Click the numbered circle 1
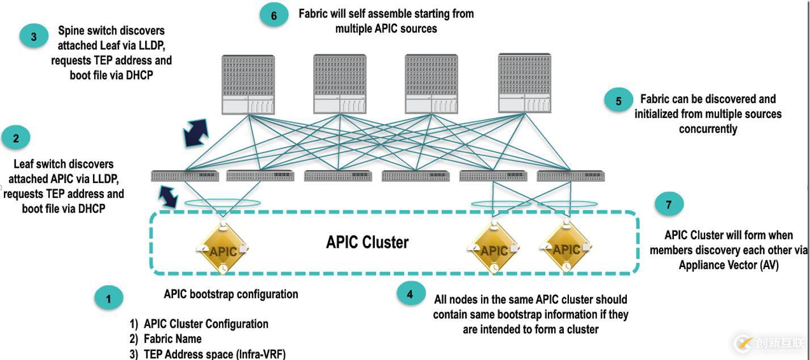(x=109, y=298)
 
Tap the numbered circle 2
(x=16, y=138)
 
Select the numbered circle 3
(x=33, y=37)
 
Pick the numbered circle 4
(x=411, y=293)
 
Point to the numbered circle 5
(x=618, y=101)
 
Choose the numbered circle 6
(x=274, y=15)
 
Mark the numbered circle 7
(x=669, y=204)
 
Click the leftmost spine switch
(x=248, y=84)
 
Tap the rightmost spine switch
(x=524, y=83)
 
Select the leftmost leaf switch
(x=185, y=176)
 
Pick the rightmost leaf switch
(x=571, y=176)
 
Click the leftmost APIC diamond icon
(x=223, y=249)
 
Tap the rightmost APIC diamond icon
(x=566, y=248)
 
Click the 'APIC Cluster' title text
(x=367, y=242)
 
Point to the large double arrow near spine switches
(x=196, y=133)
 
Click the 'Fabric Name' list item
(x=172, y=339)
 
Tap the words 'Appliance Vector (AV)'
(x=728, y=265)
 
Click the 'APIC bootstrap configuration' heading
(x=231, y=294)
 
